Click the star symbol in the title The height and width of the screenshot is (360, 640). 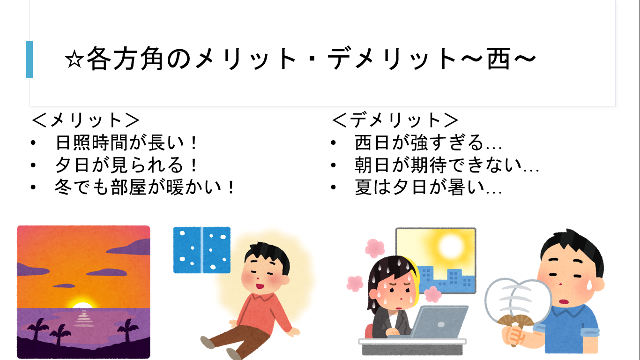coord(74,60)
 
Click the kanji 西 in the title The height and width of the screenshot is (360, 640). coord(499,59)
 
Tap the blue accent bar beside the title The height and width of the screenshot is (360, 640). coord(30,60)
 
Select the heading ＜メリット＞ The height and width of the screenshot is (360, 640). coord(85,120)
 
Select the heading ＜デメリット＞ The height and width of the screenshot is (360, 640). coord(395,120)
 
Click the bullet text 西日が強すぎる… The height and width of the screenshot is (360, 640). coord(428,142)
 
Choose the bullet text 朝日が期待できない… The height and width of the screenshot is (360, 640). coord(447,165)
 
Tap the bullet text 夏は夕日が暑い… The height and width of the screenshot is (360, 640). coord(428,187)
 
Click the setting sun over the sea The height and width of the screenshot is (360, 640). coord(82,304)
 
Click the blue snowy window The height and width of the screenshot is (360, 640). coord(202,250)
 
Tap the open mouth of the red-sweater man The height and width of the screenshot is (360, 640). coord(260,285)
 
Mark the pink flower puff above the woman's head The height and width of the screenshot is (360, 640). coord(375,247)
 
